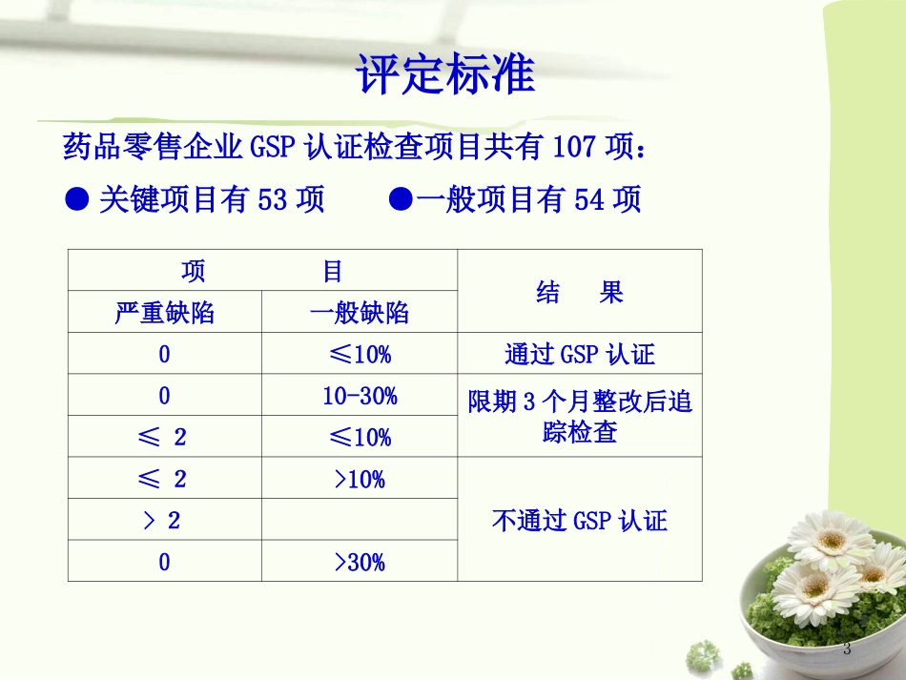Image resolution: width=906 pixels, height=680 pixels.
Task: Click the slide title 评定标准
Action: pyautogui.click(x=444, y=75)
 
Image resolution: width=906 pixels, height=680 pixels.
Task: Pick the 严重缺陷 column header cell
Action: pyautogui.click(x=164, y=313)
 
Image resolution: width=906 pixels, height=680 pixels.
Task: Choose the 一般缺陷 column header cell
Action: pyautogui.click(x=359, y=313)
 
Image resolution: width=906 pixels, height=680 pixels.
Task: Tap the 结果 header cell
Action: pyautogui.click(x=579, y=292)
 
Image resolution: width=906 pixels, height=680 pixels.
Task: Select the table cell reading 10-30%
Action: pyautogui.click(x=359, y=396)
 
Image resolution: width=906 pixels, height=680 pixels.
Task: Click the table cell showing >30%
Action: pyautogui.click(x=359, y=562)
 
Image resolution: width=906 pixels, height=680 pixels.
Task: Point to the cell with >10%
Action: pyautogui.click(x=359, y=479)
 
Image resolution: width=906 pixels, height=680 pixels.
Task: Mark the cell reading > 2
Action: pyautogui.click(x=164, y=521)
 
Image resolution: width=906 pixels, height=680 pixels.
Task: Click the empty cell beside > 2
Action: pyautogui.click(x=359, y=521)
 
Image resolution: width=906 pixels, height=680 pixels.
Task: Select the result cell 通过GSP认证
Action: pyautogui.click(x=579, y=355)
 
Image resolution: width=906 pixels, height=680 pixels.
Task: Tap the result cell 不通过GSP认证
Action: pyautogui.click(x=579, y=520)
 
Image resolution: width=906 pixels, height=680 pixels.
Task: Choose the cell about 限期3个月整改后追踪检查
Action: pyautogui.click(x=579, y=417)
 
